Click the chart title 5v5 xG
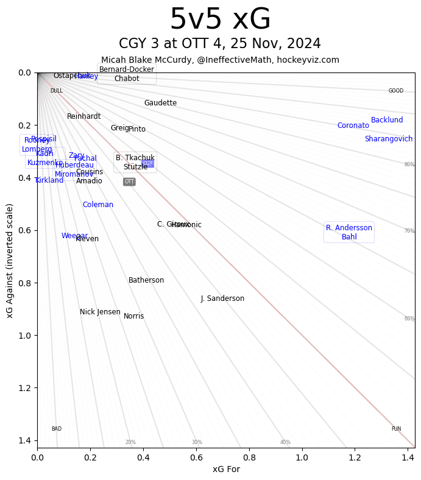220,20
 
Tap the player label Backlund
387,120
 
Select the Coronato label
353,125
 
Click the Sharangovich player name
389,139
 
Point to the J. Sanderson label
222,298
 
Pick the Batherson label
146,280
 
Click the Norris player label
134,316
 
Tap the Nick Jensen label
100,312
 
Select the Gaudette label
160,103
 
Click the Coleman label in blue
98,205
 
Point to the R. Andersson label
349,228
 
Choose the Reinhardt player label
84,116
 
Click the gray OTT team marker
129,182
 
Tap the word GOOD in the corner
396,91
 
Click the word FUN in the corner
396,429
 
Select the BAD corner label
57,429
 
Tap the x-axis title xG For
226,469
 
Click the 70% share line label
409,231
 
